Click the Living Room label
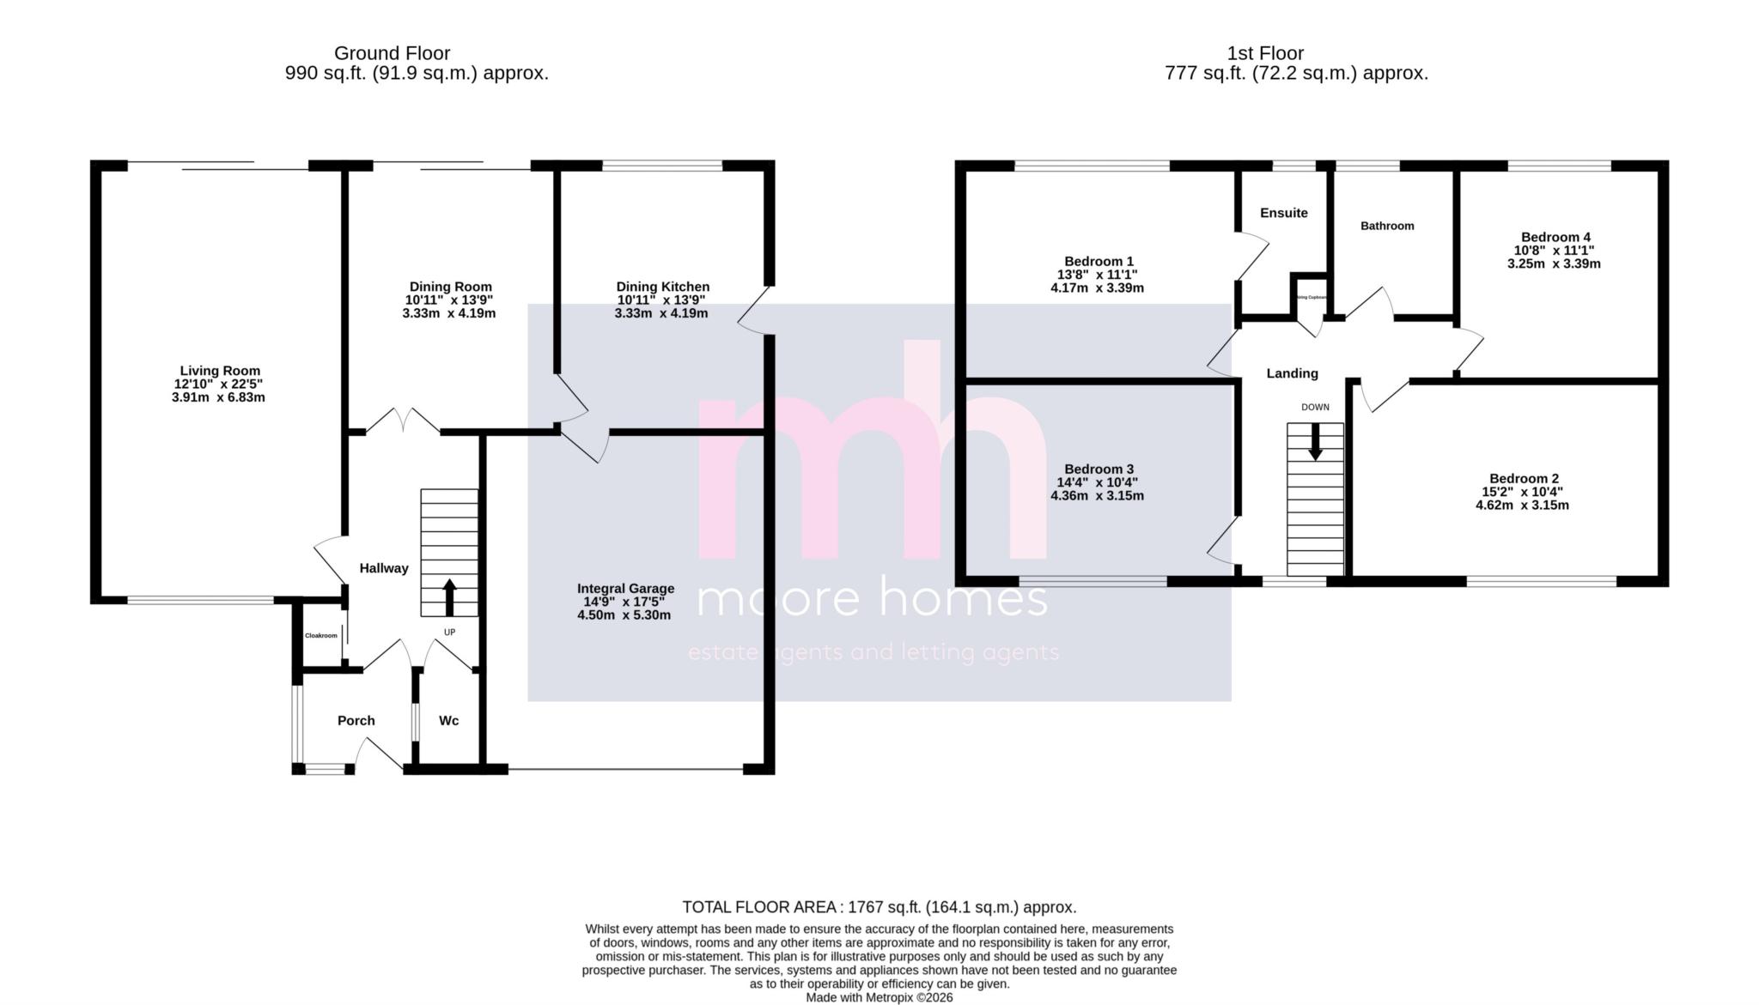coord(220,371)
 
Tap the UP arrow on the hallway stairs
coord(449,597)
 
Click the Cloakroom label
coord(321,636)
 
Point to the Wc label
coord(448,721)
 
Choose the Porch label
coord(356,721)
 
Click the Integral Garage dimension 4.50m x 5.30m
coord(624,615)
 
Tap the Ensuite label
coord(1283,213)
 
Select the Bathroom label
coord(1386,226)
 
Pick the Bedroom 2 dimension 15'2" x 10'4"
coord(1524,493)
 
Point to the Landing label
coord(1292,373)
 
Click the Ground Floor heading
coord(392,53)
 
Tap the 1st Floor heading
coord(1265,53)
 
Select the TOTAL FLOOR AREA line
coord(879,907)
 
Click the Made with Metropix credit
coord(879,998)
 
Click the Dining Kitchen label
coord(662,287)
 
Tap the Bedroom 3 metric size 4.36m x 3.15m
coord(1097,496)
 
